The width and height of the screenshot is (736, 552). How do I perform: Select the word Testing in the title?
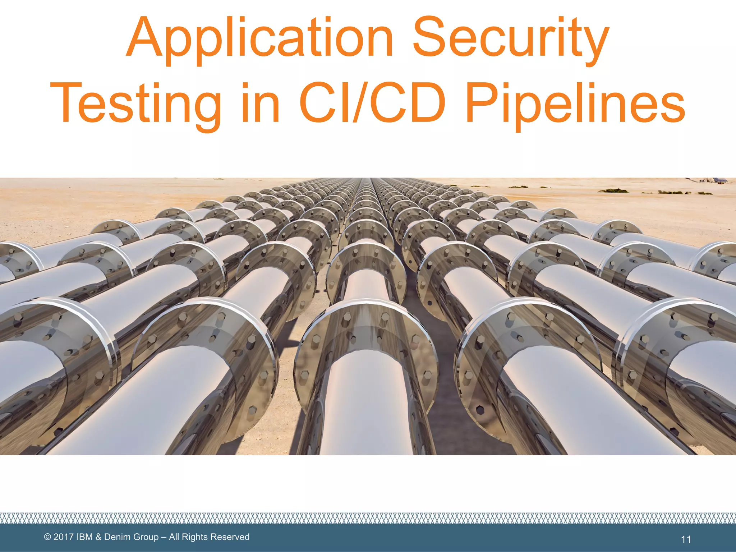click(x=135, y=104)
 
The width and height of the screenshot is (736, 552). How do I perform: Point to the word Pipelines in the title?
click(x=575, y=104)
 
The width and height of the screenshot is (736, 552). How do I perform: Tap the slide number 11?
click(x=686, y=539)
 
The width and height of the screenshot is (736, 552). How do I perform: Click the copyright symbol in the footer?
click(x=47, y=537)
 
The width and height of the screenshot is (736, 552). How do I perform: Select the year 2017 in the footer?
click(x=64, y=537)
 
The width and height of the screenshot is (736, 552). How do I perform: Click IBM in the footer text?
click(x=85, y=537)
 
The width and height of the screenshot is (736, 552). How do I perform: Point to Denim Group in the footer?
click(x=131, y=537)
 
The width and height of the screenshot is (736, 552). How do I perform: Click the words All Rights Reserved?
click(x=209, y=537)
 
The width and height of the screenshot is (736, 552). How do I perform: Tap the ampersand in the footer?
click(x=98, y=537)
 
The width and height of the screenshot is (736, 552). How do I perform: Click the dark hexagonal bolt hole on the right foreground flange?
click(x=480, y=410)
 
